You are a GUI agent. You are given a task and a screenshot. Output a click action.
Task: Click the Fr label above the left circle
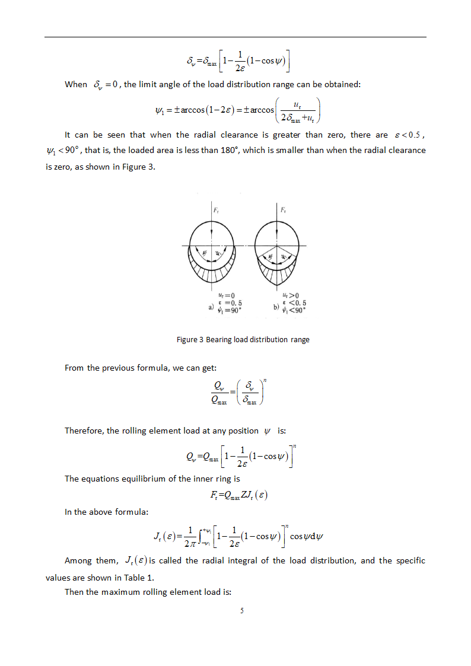pyautogui.click(x=217, y=210)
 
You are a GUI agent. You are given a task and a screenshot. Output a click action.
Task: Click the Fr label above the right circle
pyautogui.click(x=284, y=210)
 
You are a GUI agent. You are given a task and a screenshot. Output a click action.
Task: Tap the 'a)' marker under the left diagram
pyautogui.click(x=211, y=307)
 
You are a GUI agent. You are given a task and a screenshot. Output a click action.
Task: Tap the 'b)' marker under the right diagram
pyautogui.click(x=276, y=307)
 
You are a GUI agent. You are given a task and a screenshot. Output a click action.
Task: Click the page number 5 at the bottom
pyautogui.click(x=242, y=611)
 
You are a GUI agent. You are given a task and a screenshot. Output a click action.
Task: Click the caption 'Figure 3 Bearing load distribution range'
pyautogui.click(x=243, y=340)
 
